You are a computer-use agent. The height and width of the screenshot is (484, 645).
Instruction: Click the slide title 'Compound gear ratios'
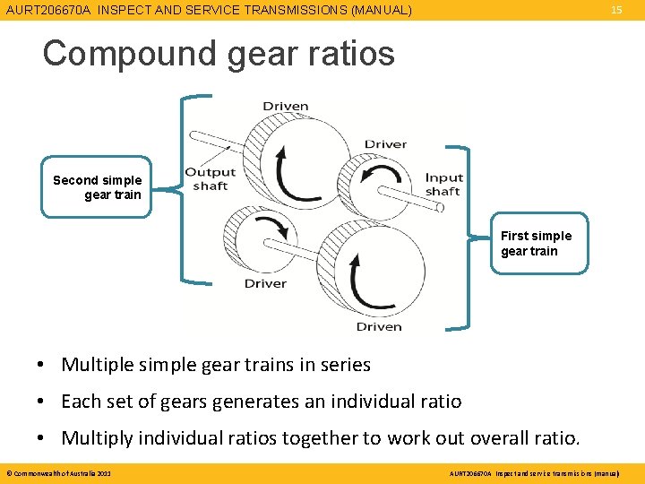point(219,54)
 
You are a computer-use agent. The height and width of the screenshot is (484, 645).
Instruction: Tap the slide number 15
point(616,10)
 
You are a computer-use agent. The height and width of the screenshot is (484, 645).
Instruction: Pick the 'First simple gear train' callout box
point(536,243)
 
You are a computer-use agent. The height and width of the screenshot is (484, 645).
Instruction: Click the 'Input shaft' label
point(443,184)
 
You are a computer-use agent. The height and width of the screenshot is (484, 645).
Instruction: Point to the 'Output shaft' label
point(210,178)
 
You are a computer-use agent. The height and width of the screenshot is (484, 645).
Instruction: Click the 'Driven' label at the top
point(285,107)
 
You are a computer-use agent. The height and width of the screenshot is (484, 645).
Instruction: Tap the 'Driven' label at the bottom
point(378,326)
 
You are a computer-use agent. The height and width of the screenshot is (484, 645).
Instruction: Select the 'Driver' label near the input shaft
point(385,144)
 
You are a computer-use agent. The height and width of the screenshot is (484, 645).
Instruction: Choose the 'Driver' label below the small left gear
point(265,283)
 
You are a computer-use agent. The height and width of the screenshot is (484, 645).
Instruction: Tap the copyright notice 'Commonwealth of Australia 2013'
point(61,472)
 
